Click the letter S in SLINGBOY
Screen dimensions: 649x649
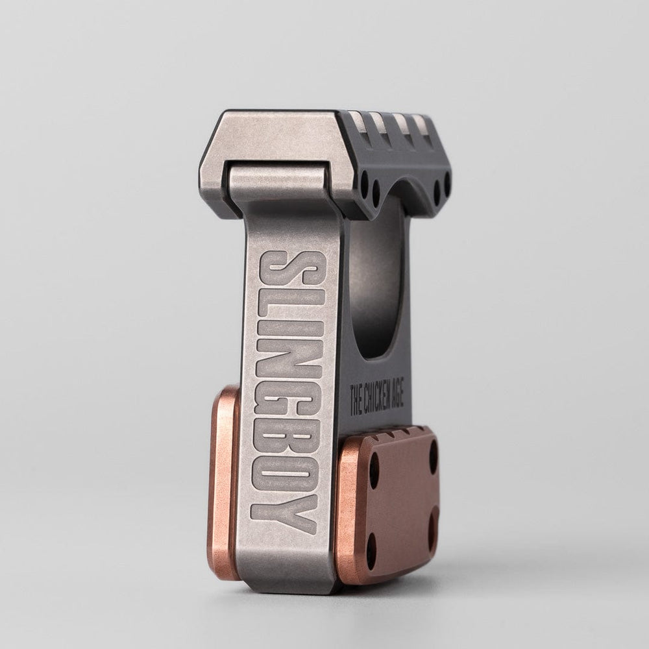pos(289,270)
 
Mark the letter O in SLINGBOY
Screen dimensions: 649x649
pos(286,478)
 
